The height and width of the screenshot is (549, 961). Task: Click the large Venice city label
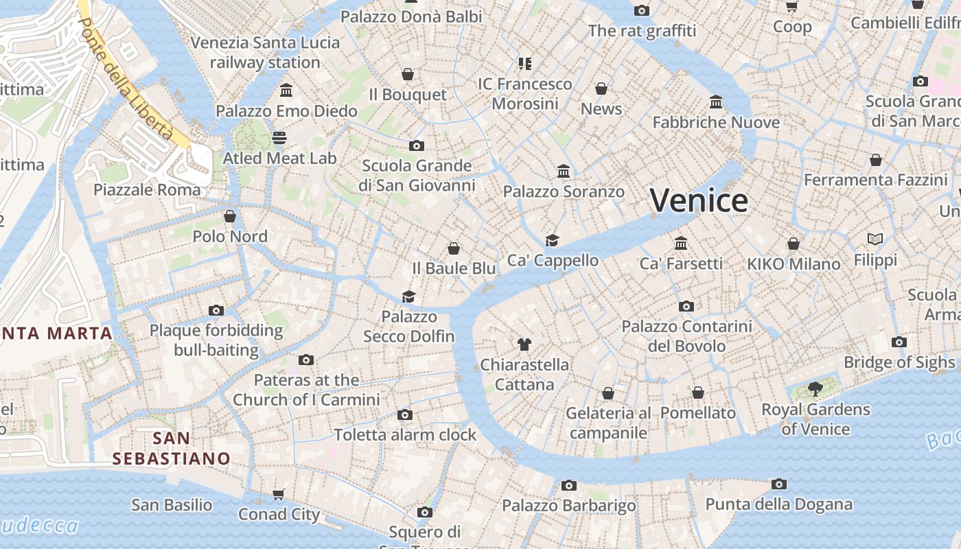click(699, 200)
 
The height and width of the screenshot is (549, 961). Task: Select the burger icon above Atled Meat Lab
click(279, 137)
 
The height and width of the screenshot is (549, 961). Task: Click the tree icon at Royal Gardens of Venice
click(815, 389)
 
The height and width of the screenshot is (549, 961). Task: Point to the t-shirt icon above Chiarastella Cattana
click(524, 344)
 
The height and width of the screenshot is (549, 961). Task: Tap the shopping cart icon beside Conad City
click(279, 494)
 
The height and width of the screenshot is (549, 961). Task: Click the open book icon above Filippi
click(875, 239)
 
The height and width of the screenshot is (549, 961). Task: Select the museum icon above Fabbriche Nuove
click(716, 102)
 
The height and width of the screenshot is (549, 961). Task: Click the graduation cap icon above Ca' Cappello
click(552, 240)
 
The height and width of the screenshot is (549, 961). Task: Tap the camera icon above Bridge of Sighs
click(899, 342)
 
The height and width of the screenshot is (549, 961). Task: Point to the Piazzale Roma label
click(147, 189)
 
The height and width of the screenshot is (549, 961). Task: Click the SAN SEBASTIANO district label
click(172, 448)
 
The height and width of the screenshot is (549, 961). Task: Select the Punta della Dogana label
click(778, 504)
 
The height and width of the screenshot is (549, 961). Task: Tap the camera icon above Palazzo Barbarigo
click(568, 485)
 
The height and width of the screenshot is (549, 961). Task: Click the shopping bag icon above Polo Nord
click(230, 216)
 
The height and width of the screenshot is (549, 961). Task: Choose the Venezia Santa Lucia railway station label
click(265, 52)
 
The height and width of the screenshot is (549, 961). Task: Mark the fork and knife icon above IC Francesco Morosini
click(525, 64)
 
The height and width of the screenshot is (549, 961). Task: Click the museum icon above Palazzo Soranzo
click(564, 171)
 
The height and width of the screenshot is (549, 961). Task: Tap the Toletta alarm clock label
click(405, 434)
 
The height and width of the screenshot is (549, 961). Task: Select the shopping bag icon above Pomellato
click(697, 393)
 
